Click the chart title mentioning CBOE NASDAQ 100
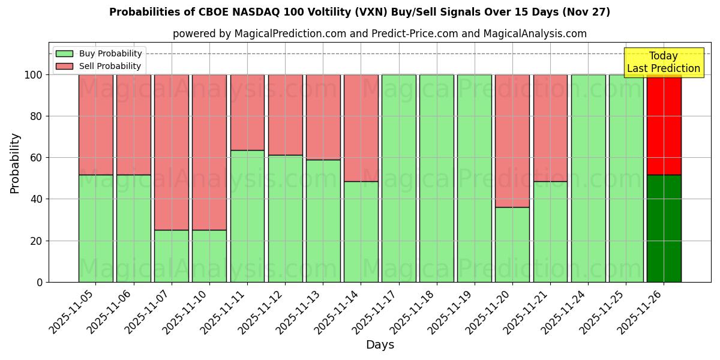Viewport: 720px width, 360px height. coord(359,12)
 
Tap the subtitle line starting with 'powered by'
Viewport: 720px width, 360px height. coord(379,34)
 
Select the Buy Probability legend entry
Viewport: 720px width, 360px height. coord(99,53)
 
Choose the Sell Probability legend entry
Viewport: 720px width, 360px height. coord(99,66)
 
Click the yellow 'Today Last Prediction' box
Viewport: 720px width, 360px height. coord(663,62)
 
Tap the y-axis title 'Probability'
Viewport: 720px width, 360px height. coord(15,163)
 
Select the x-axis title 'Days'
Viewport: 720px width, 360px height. coord(380,344)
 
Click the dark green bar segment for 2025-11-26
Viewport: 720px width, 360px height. coord(664,228)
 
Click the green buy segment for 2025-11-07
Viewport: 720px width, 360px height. coord(172,256)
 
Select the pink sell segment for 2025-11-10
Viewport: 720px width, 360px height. coord(209,152)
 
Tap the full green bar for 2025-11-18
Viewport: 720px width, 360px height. coord(437,178)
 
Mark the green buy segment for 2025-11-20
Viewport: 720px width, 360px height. coord(512,244)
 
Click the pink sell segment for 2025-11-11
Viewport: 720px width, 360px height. coord(247,112)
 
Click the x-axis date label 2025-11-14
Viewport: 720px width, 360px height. coord(338,310)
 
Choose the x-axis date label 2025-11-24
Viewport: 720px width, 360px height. coord(566,310)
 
